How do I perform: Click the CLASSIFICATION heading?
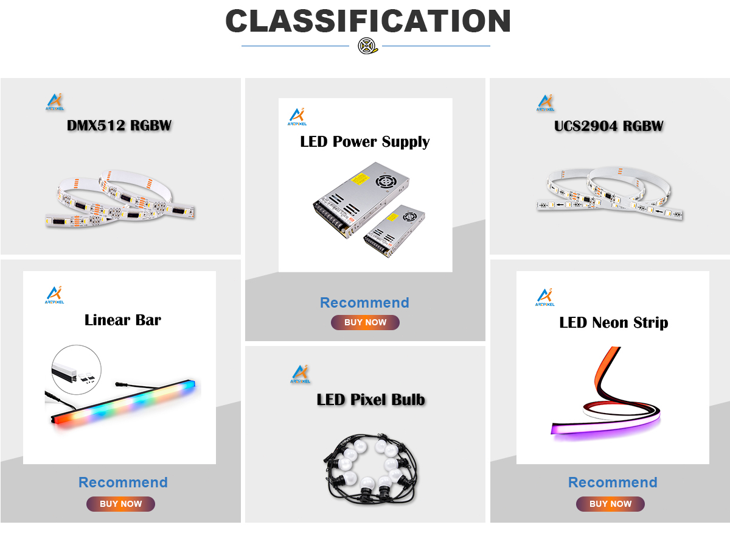[x=367, y=21]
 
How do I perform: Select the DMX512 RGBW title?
[x=119, y=126]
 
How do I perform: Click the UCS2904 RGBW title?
[x=608, y=126]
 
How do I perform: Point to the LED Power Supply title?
[x=365, y=142]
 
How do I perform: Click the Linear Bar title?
[x=123, y=320]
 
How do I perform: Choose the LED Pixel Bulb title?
[x=370, y=400]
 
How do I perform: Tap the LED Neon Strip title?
[x=613, y=322]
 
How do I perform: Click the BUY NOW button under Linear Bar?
[x=120, y=504]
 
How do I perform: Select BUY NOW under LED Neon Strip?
[x=610, y=504]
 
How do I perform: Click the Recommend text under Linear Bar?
[x=123, y=482]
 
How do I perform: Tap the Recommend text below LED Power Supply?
[x=364, y=303]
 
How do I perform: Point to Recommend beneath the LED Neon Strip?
[x=613, y=482]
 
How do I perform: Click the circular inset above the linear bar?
[x=77, y=369]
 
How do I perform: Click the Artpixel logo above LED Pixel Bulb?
[x=301, y=374]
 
